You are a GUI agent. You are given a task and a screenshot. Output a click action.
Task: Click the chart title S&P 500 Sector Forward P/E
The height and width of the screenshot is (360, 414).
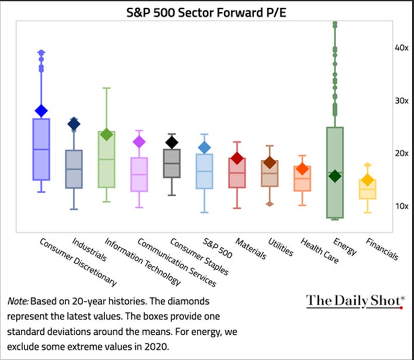(x=206, y=12)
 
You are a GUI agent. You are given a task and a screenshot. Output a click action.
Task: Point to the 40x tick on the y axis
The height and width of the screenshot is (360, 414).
(x=401, y=48)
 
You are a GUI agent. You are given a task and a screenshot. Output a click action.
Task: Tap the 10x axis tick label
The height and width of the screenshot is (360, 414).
(x=401, y=206)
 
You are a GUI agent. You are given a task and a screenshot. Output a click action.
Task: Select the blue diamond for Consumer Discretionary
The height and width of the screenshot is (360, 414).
(x=41, y=111)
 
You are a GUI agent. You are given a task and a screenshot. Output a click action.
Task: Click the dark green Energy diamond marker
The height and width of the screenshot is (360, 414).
(x=335, y=176)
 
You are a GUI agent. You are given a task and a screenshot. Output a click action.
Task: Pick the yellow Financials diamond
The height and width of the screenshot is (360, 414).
(x=368, y=180)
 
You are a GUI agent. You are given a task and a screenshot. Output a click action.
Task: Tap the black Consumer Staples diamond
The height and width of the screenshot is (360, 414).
(x=172, y=142)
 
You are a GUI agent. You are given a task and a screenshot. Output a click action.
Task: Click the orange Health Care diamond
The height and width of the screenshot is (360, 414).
(x=302, y=169)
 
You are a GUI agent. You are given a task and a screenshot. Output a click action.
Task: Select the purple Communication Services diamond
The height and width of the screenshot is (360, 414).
(x=139, y=142)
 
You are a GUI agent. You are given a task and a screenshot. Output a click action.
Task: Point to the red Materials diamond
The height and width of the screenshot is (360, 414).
(x=237, y=158)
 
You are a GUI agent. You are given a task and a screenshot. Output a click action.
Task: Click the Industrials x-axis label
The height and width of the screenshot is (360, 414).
(x=89, y=250)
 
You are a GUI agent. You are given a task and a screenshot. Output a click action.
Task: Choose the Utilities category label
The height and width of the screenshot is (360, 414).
(x=280, y=247)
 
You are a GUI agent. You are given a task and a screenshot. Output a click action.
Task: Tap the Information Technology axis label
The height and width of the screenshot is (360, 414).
(x=142, y=262)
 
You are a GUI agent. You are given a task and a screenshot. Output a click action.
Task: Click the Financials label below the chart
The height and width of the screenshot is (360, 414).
(x=382, y=249)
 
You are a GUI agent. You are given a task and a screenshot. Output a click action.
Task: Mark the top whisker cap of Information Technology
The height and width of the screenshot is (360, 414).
(x=107, y=88)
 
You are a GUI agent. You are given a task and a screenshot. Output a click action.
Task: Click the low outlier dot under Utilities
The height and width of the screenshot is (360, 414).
(x=269, y=204)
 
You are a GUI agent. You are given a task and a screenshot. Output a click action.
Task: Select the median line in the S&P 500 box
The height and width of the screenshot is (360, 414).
(x=204, y=172)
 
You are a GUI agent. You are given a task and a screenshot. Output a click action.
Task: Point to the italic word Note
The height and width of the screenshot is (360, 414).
(x=18, y=301)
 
